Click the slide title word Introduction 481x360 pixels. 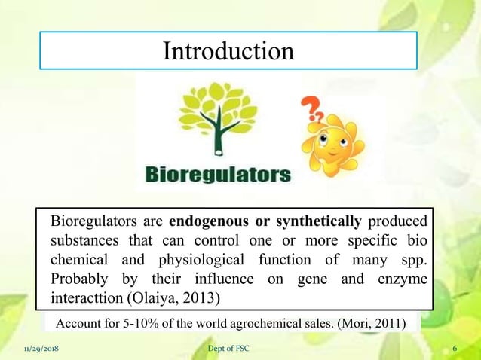coord(228,51)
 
